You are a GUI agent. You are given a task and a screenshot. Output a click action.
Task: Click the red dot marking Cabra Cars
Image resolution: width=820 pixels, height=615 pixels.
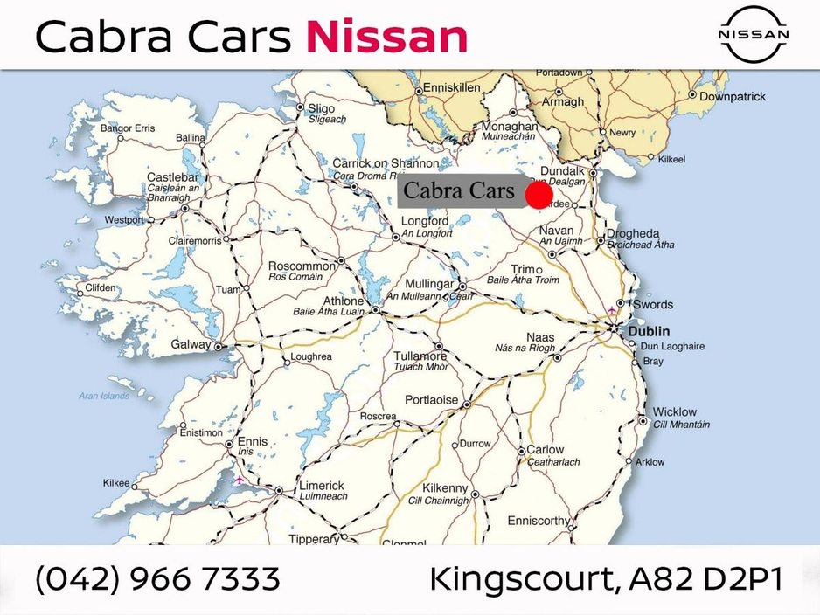539,195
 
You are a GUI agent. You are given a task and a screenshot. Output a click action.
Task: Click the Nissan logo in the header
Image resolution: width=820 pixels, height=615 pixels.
754,34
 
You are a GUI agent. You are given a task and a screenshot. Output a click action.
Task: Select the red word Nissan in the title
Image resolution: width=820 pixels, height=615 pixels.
386,37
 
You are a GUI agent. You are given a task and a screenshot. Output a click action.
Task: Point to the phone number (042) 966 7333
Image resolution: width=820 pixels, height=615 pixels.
157,579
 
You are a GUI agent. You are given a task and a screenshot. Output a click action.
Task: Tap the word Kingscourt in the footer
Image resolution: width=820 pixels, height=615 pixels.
522,580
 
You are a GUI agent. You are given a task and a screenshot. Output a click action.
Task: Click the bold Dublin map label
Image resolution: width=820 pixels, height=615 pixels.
648,331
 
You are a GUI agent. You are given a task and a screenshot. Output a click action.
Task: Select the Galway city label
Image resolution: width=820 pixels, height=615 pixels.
191,344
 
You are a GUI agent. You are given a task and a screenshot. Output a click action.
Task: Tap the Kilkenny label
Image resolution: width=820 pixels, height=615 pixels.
445,489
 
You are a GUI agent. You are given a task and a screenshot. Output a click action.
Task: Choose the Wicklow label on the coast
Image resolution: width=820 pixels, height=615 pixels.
675,411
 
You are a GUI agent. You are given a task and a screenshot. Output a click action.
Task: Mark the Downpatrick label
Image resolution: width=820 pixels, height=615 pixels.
732,96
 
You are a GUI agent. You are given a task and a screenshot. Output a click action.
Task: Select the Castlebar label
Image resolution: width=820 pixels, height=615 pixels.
174,177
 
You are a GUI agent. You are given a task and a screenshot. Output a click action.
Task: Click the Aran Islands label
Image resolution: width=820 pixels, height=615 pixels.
104,396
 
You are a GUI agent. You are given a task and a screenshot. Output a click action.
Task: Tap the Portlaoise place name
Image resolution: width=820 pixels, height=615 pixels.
432,400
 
